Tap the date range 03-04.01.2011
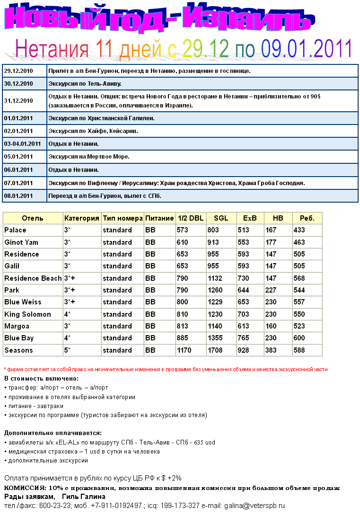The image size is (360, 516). pyautogui.click(x=22, y=143)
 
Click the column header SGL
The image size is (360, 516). pyautogui.click(x=221, y=218)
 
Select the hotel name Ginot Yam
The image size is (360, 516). pyautogui.click(x=21, y=242)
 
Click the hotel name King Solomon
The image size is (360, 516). pyautogui.click(x=27, y=314)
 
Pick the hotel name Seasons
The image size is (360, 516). pyautogui.click(x=18, y=350)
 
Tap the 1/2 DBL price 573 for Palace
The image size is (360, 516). pyautogui.click(x=183, y=230)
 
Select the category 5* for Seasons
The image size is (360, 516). pyautogui.click(x=67, y=350)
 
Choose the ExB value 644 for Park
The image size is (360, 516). pyautogui.click(x=244, y=290)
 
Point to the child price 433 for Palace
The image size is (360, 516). pyautogui.click(x=299, y=230)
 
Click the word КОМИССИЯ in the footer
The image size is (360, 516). pyautogui.click(x=24, y=488)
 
